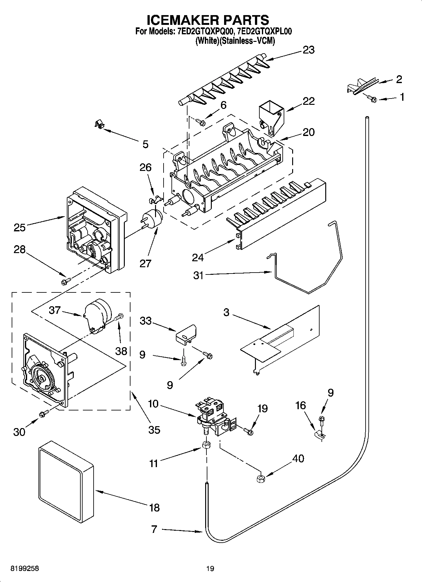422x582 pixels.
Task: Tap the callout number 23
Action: tap(308, 50)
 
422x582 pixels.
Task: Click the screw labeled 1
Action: tap(373, 99)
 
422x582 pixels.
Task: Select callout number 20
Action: tap(308, 132)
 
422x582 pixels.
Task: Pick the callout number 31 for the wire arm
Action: tap(199, 275)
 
